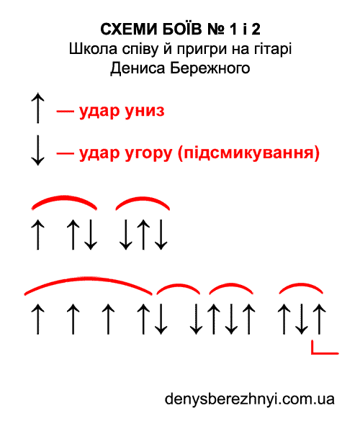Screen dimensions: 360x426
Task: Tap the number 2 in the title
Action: [256, 29]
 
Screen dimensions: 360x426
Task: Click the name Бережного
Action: [210, 68]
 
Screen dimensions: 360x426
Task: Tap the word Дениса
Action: [138, 69]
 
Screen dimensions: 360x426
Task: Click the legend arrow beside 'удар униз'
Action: [37, 108]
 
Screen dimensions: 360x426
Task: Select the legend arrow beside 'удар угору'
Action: [37, 150]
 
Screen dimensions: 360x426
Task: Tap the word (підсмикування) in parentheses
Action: [248, 153]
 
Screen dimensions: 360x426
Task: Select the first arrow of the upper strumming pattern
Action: [37, 235]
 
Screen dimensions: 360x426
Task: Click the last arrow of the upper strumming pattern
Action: [161, 235]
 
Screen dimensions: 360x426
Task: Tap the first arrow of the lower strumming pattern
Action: [37, 319]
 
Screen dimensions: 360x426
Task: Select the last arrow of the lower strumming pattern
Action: [319, 319]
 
